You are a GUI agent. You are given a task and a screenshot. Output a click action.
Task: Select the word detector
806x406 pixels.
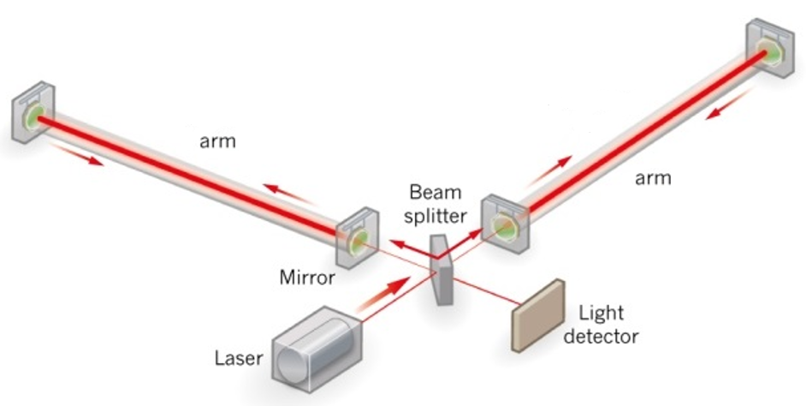601,336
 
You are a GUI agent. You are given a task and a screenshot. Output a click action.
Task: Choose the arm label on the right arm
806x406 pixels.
653,178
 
